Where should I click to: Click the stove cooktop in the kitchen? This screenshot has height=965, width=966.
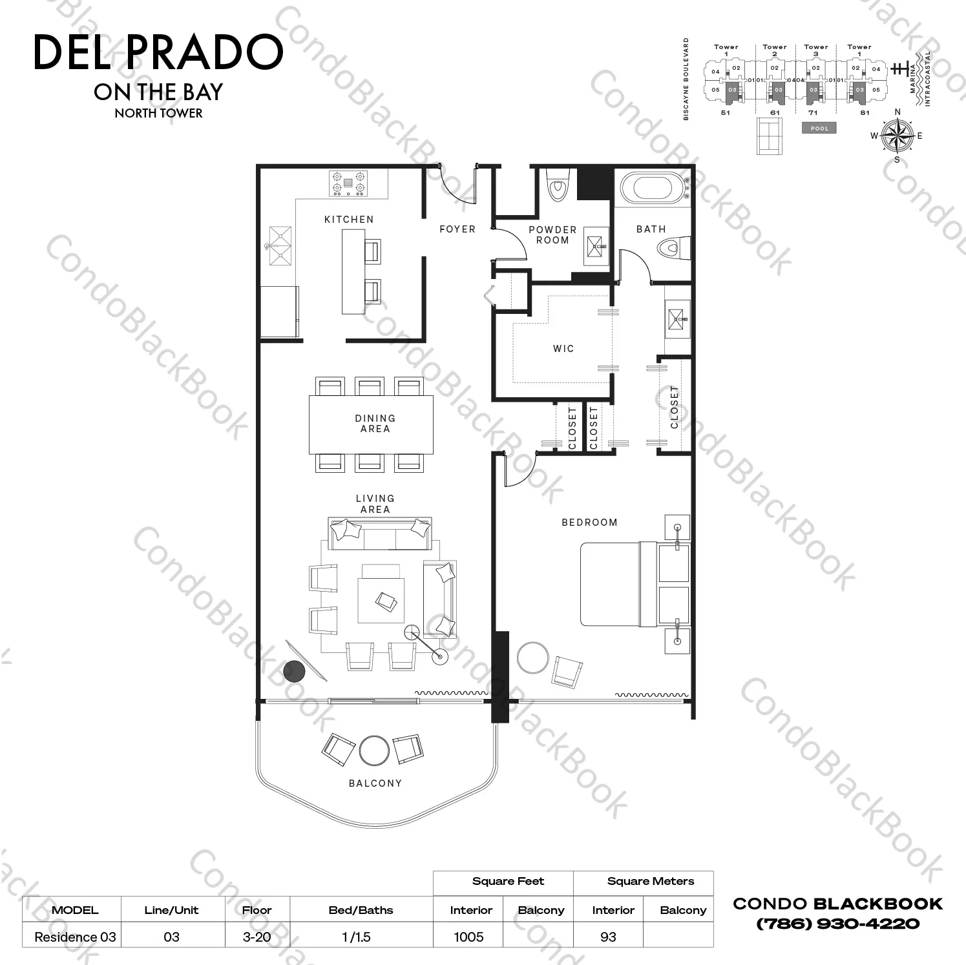coord(348,183)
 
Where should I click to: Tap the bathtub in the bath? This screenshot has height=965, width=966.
coord(651,187)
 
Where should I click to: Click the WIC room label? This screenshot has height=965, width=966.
coord(563,349)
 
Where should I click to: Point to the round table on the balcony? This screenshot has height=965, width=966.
coord(374,751)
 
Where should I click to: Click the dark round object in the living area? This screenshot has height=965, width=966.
coord(294,672)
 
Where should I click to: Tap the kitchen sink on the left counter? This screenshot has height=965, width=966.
coord(280,246)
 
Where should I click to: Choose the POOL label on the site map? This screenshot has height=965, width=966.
coord(819,129)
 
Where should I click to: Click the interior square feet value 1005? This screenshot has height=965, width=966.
coord(468,937)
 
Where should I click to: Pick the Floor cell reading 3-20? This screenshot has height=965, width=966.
coord(257,937)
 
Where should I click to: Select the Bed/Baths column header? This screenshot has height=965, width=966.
coord(361,910)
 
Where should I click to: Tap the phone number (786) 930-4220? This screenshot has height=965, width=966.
coord(837,924)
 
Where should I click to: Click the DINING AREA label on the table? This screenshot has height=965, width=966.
coord(375,424)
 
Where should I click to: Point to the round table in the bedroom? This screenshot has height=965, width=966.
coord(534,658)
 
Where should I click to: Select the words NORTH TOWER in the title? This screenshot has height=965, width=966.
coord(158,113)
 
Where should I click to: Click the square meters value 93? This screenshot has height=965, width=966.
coord(608,937)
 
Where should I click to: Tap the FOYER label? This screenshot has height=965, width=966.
coord(457,229)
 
